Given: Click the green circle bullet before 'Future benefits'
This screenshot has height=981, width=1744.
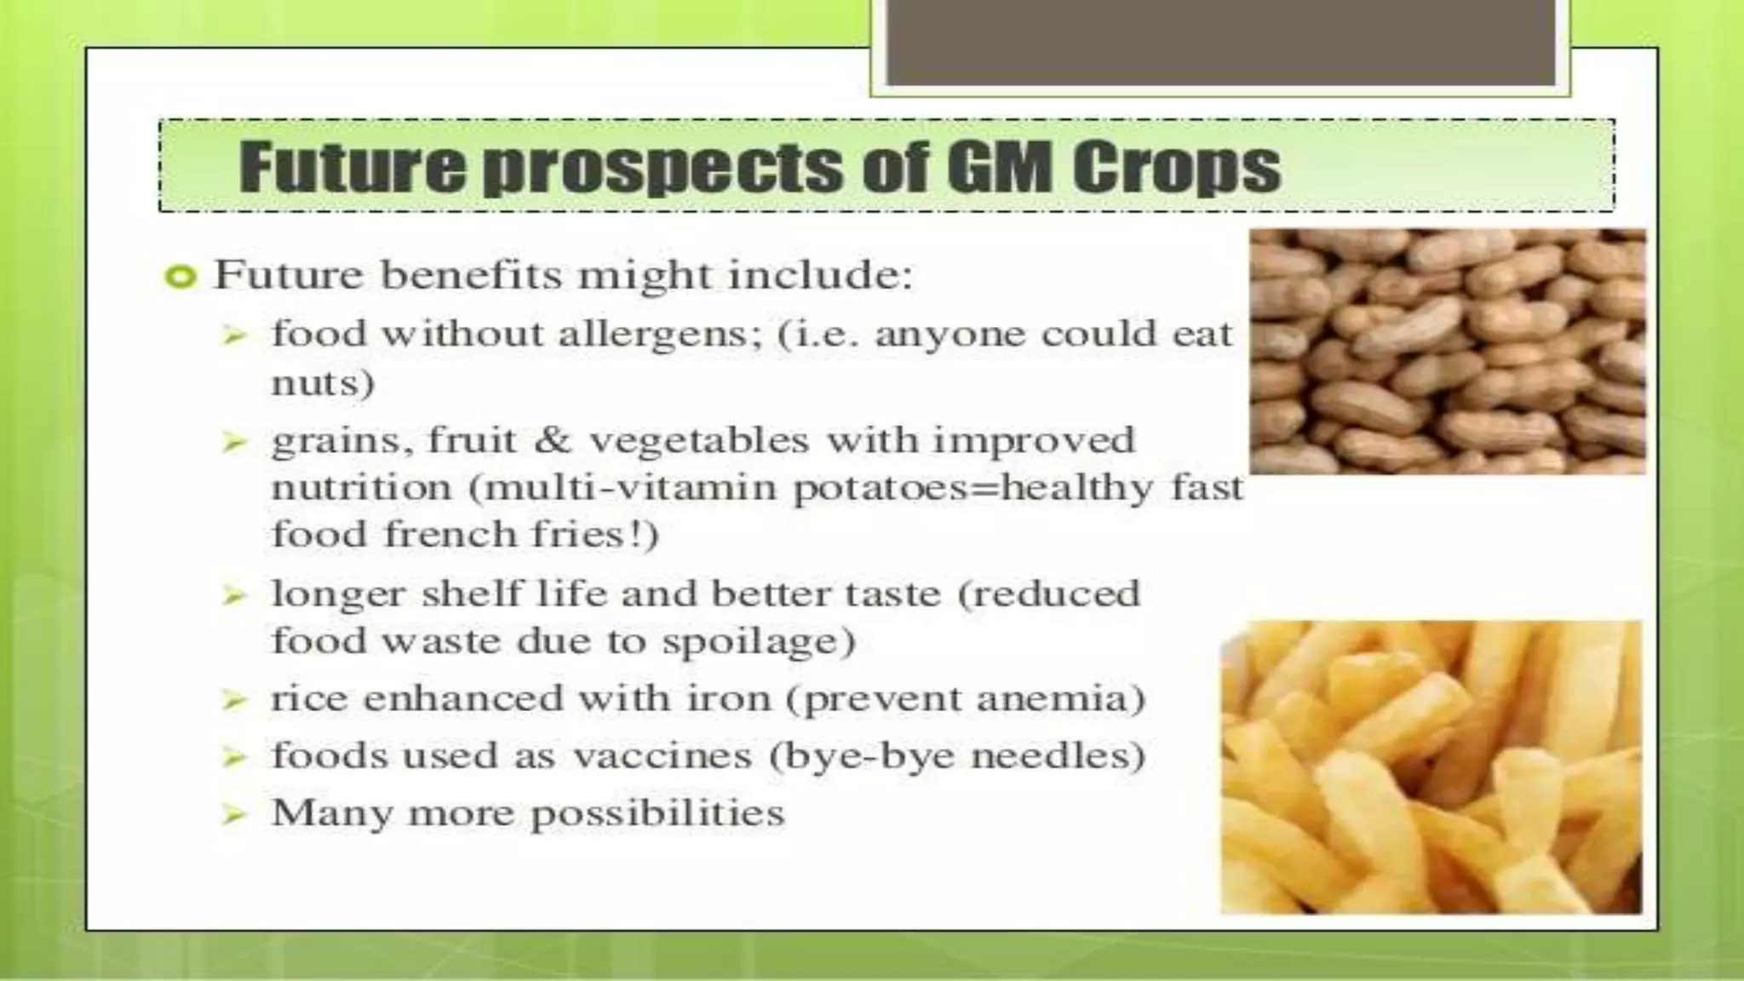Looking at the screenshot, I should pos(181,277).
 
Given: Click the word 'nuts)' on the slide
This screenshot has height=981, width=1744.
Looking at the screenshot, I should pos(323,382).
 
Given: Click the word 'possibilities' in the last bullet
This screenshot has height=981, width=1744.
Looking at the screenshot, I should pos(657,813).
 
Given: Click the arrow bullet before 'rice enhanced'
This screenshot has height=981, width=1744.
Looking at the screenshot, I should pos(233,700).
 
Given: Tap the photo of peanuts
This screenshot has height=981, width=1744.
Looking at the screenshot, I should pos(1447,351).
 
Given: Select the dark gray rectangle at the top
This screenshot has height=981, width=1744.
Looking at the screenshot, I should pos(1220,43).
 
